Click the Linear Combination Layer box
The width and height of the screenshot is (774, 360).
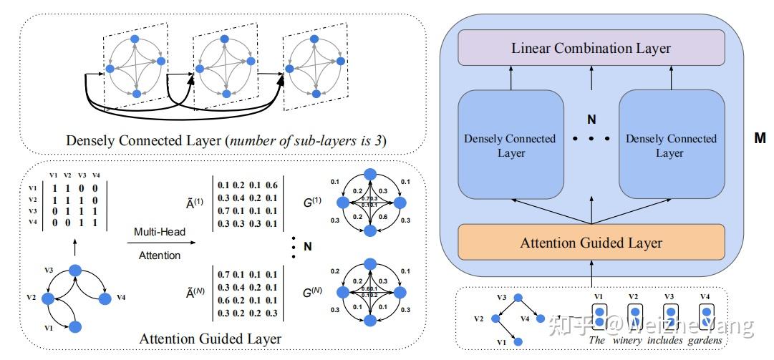[x=591, y=49]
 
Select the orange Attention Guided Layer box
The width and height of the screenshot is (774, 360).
[x=591, y=243]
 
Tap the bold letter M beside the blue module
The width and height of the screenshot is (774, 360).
[x=760, y=138]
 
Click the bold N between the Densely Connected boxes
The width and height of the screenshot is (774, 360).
[x=591, y=120]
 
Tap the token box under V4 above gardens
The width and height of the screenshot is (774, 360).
[x=706, y=316]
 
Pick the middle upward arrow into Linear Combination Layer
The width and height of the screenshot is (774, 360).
[x=591, y=77]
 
